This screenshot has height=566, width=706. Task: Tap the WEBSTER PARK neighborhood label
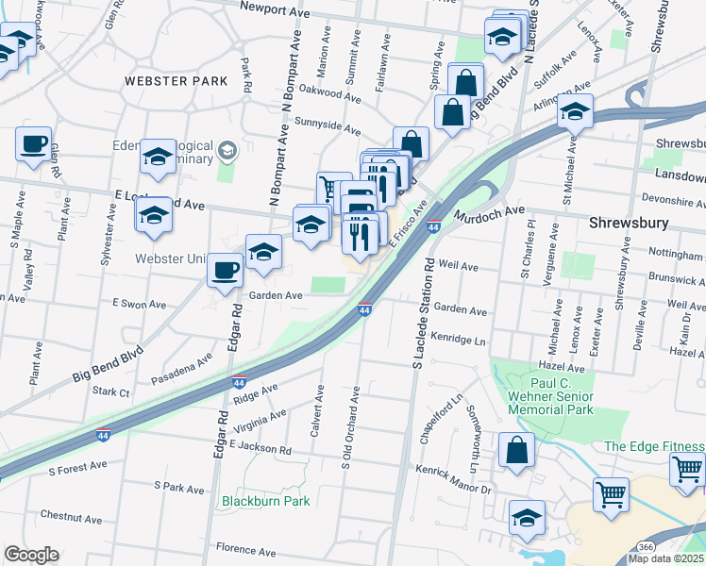tap(176, 81)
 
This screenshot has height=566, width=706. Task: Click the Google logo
tap(31, 555)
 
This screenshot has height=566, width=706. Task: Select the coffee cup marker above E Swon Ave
tap(226, 271)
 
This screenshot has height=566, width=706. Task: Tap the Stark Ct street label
tap(109, 389)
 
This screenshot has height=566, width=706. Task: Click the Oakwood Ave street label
tap(330, 94)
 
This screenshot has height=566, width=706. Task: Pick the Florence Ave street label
tap(244, 548)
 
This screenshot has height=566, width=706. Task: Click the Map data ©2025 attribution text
tap(667, 558)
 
